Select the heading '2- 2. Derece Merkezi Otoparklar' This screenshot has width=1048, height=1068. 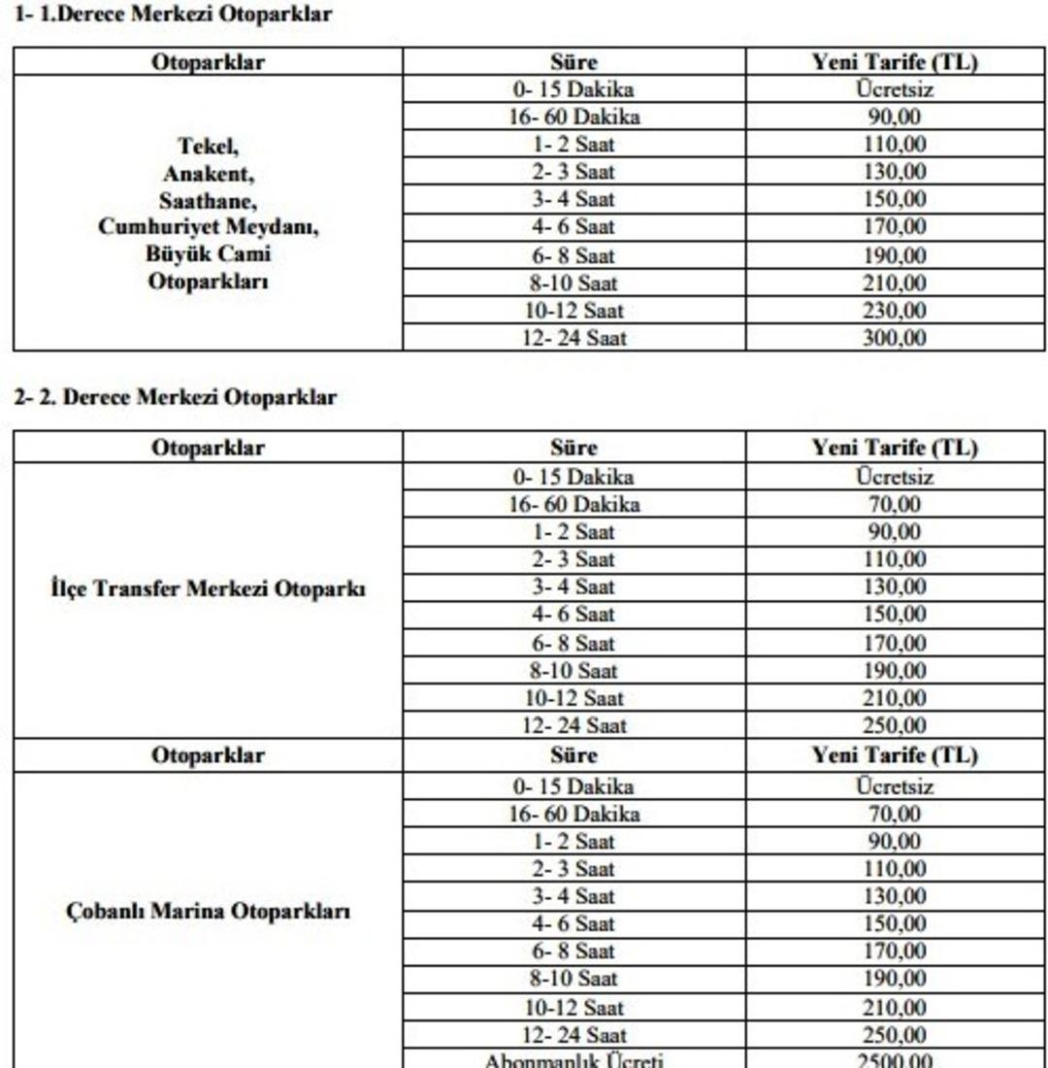175,397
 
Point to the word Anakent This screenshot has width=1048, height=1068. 209,175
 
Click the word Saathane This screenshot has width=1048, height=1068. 209,201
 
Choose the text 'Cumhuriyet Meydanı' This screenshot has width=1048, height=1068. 209,228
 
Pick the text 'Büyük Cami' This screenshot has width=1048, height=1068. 209,255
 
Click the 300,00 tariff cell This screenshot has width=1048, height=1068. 895,338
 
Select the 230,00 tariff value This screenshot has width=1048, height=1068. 895,311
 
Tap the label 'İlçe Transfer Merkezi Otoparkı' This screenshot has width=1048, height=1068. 209,588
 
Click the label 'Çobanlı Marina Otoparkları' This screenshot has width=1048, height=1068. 209,912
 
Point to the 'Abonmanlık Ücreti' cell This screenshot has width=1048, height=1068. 573,1060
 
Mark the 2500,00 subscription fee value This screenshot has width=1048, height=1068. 895,1060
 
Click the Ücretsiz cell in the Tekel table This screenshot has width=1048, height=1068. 895,91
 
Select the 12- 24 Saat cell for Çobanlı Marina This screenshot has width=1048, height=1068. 573,1034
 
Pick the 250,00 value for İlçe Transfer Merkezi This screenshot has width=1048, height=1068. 895,724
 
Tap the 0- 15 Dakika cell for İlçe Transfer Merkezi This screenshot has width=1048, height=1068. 573,477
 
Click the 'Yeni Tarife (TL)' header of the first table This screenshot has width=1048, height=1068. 895,62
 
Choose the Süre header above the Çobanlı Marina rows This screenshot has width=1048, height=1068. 573,754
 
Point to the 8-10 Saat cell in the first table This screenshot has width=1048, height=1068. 573,284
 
